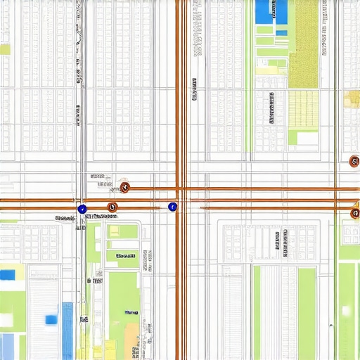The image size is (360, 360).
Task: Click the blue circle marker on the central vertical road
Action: (x=172, y=207)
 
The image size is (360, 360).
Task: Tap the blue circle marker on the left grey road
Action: (x=82, y=209)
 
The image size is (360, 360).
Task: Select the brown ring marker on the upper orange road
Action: (x=124, y=187)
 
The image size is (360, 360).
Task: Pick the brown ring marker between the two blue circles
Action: (x=112, y=207)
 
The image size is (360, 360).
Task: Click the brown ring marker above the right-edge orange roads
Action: (x=354, y=162)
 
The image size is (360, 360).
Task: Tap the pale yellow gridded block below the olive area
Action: (x=304, y=109)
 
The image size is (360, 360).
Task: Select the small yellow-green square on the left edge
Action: (x=5, y=49)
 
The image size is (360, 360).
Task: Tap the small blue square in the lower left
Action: (x=51, y=320)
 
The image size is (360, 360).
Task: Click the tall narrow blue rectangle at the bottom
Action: (x=67, y=330)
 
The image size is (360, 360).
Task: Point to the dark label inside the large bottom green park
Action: (x=131, y=311)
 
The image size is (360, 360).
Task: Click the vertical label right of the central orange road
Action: (x=193, y=90)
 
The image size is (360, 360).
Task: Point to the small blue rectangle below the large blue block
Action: (x=281, y=32)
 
